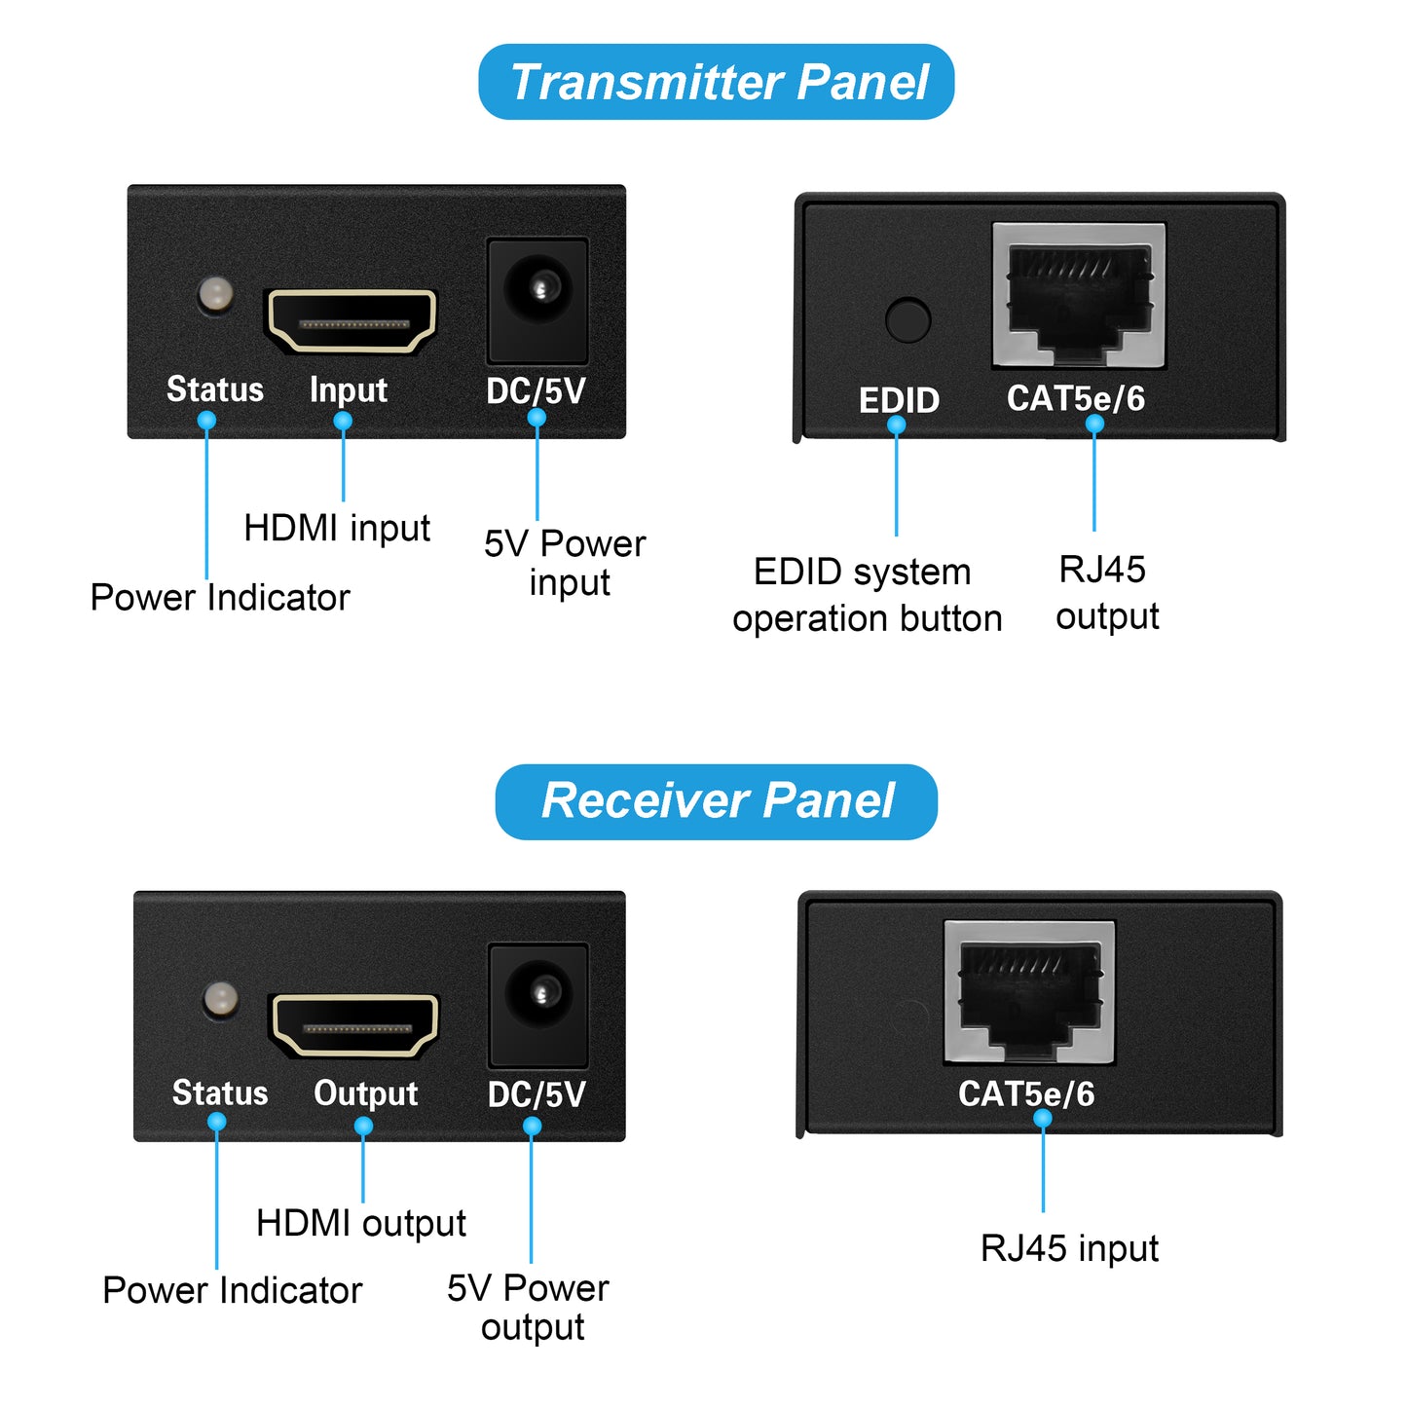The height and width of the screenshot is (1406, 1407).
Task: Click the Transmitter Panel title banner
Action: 716,82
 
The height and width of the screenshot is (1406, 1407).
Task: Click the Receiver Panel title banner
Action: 716,801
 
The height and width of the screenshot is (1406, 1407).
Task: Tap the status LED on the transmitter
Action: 215,293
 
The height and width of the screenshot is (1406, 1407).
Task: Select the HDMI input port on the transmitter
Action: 351,320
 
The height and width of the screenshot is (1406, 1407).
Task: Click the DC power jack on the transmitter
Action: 537,289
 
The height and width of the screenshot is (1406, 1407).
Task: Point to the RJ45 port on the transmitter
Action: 1079,295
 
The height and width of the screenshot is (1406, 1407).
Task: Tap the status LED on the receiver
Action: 221,998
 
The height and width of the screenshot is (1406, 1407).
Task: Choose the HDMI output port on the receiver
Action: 354,1025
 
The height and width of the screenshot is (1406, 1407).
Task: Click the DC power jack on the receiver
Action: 537,994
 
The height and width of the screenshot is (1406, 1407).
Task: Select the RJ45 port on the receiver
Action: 1029,992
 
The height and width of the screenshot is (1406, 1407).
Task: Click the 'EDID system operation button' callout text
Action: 867,595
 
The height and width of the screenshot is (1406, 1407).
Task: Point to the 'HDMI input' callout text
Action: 337,529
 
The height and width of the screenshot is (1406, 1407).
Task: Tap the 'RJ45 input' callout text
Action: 1069,1248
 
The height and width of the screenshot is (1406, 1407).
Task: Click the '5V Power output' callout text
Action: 529,1308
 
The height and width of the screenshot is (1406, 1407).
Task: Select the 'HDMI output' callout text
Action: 361,1223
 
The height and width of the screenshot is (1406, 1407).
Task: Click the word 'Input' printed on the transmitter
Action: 349,390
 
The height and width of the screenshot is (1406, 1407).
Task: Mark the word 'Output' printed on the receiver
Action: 366,1093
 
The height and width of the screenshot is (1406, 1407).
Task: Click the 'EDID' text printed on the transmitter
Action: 899,400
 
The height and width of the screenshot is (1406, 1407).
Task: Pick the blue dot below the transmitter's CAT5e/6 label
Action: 1094,425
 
